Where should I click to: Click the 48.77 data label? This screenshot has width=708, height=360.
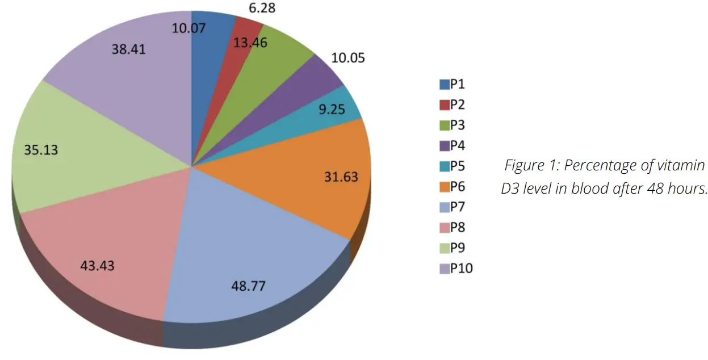pos(248,285)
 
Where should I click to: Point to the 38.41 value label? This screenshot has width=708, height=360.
pos(128,49)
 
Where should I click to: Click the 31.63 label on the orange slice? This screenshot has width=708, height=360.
pos(341,177)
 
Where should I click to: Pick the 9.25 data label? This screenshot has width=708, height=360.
pos(332,110)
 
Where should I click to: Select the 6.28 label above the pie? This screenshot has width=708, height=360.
pos(261,7)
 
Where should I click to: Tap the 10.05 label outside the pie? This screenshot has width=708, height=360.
pos(347,58)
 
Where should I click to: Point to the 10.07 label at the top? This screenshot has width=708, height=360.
pos(188,27)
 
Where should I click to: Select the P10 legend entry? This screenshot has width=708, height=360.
pos(455,269)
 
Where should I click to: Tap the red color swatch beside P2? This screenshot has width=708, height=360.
pos(445,105)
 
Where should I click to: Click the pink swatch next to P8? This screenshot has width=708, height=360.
pos(445,228)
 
